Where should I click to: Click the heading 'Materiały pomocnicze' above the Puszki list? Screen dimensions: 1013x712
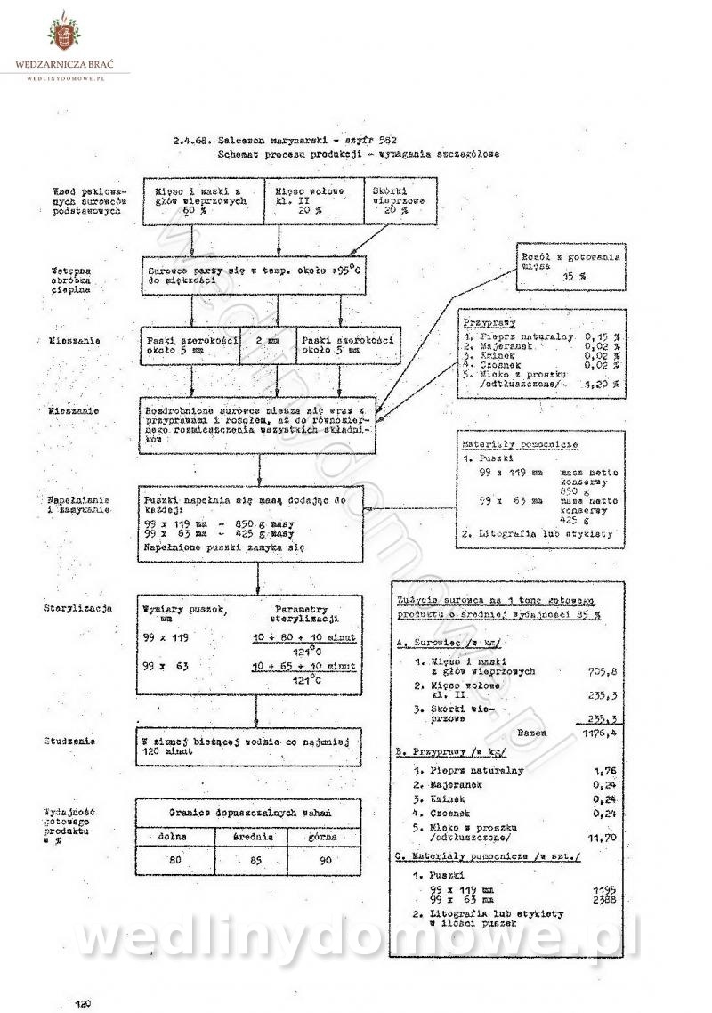tap(506, 443)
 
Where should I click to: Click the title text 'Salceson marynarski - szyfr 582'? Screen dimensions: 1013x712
tap(294, 141)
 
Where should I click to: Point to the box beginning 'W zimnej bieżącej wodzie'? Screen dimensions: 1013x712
tap(249, 745)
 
